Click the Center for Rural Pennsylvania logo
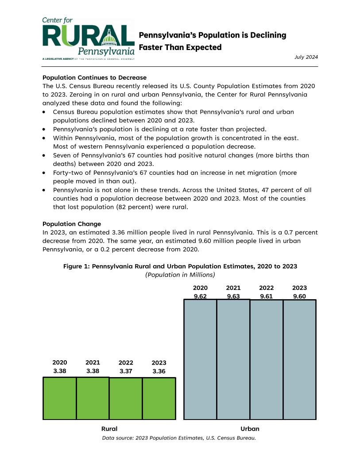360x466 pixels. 88,39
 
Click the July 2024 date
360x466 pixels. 306,57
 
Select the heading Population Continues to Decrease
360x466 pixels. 94,77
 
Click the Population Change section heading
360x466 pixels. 72,224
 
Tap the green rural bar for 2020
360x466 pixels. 60,398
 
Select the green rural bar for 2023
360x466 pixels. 159,398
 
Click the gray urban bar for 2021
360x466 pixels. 233,359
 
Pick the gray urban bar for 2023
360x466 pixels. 299,359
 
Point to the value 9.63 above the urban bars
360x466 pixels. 233,297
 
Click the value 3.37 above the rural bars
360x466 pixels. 126,371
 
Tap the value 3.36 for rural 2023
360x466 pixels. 159,371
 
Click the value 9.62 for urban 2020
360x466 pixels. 200,297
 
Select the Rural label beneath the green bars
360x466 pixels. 109,429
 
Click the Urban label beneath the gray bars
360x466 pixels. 250,429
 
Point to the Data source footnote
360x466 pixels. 179,438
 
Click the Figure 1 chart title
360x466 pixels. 180,266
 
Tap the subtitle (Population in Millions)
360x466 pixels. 180,275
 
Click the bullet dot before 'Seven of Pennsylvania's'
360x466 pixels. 45,156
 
